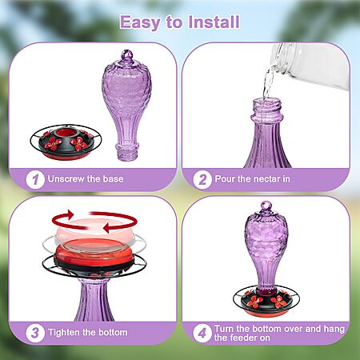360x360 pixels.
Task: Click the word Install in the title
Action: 214,22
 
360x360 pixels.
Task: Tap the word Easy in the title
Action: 140,22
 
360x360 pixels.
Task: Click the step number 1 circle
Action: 35,179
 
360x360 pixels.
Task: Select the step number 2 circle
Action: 202,179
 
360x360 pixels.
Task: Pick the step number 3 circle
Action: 35,333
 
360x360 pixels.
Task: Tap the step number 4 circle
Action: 202,333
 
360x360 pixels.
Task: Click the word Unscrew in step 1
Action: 66,178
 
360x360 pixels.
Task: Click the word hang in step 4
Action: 334,330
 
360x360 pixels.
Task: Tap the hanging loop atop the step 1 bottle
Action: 127,55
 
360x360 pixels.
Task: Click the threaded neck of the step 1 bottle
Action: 127,153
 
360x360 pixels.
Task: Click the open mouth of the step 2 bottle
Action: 267,102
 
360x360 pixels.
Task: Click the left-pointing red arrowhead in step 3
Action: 109,227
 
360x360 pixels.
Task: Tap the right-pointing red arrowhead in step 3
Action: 70,214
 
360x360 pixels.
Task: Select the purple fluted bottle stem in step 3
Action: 94,300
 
